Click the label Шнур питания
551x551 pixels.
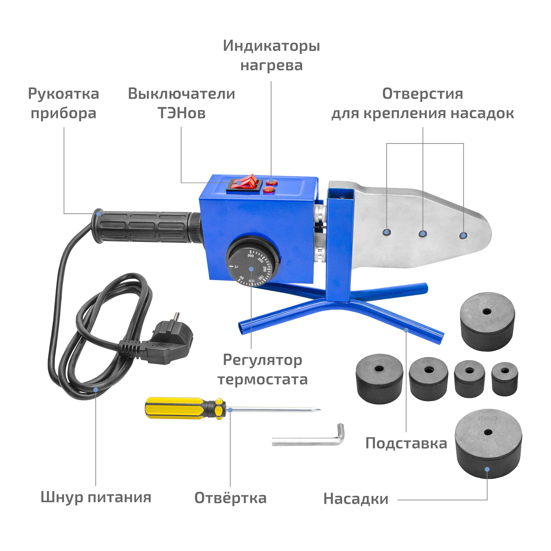click(96, 497)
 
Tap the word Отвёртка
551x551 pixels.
click(230, 498)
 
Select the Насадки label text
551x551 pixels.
click(356, 499)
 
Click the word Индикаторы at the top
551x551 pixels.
click(271, 46)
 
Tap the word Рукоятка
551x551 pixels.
click(64, 94)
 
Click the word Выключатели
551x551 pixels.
click(181, 94)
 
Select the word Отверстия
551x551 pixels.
click(422, 94)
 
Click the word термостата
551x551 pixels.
click(262, 380)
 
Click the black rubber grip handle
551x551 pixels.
click(143, 227)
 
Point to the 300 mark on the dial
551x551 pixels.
click(250, 256)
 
